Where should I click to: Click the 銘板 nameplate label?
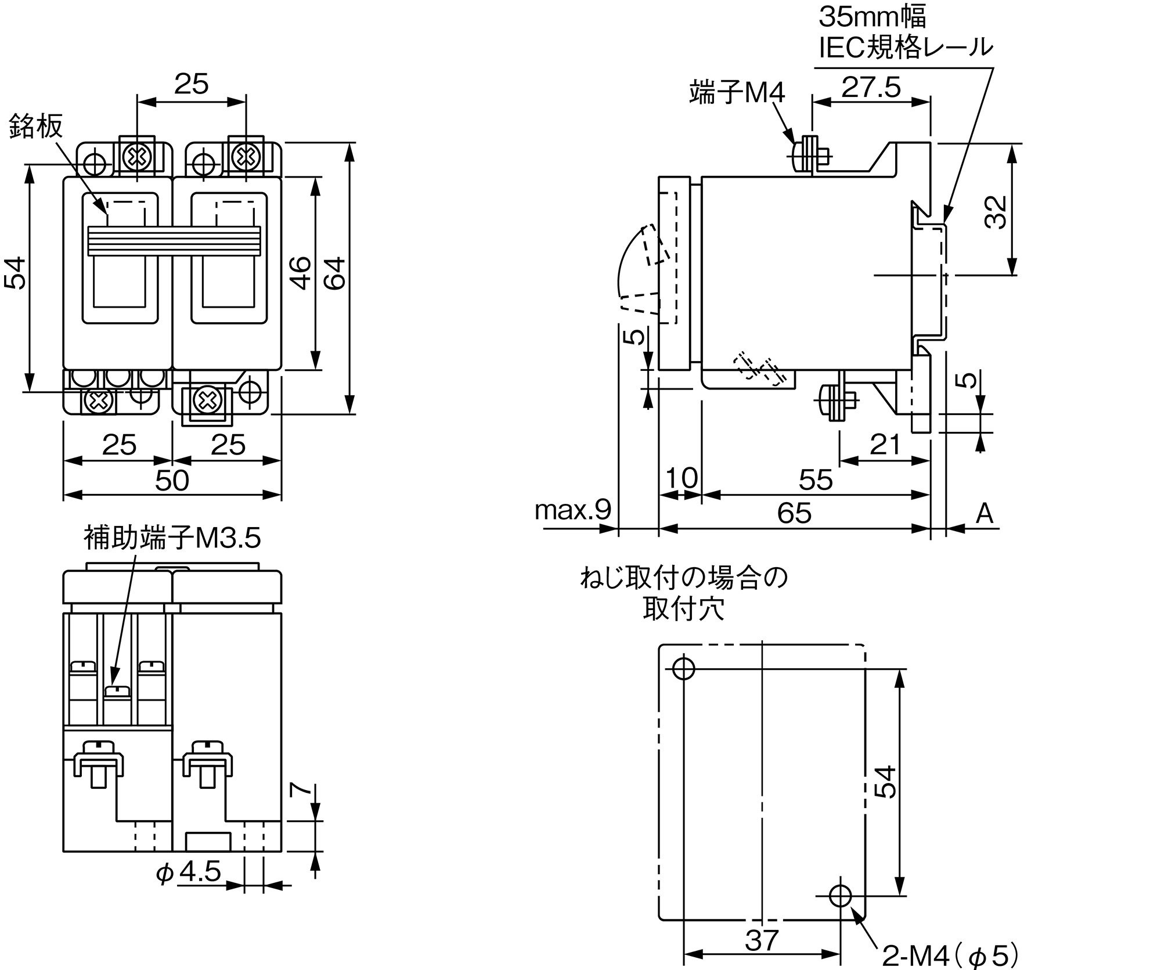click(35, 126)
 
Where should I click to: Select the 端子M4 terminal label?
click(737, 92)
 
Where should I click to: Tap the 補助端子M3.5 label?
click(172, 538)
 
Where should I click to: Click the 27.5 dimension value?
click(871, 88)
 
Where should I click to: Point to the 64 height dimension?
click(335, 273)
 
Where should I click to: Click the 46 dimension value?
click(300, 273)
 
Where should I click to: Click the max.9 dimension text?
click(572, 510)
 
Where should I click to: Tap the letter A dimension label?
click(984, 514)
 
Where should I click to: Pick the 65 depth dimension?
click(794, 513)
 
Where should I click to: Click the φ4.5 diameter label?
click(189, 872)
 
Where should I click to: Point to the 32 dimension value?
click(996, 212)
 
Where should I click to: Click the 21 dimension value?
click(885, 445)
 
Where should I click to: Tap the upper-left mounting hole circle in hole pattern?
click(683, 669)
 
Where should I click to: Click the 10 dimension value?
click(680, 478)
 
